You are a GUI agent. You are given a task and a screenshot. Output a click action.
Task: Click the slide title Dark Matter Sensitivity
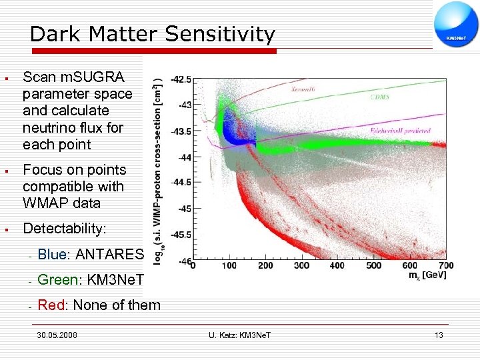[x=152, y=34]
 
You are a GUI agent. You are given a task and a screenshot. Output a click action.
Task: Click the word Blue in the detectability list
[x=53, y=254]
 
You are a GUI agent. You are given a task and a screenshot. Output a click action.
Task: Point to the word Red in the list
[x=51, y=305]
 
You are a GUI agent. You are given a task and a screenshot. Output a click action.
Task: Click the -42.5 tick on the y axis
[x=181, y=79]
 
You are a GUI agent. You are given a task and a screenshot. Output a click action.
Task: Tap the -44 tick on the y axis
[x=183, y=157]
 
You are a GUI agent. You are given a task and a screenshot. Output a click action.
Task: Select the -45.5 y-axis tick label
[x=181, y=235]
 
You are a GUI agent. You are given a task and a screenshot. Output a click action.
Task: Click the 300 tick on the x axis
[x=301, y=266]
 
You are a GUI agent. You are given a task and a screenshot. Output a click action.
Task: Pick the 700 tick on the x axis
[x=446, y=266]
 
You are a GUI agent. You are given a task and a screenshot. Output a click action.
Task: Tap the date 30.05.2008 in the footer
[x=57, y=335]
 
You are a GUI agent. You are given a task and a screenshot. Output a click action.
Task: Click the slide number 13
[x=438, y=335]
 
